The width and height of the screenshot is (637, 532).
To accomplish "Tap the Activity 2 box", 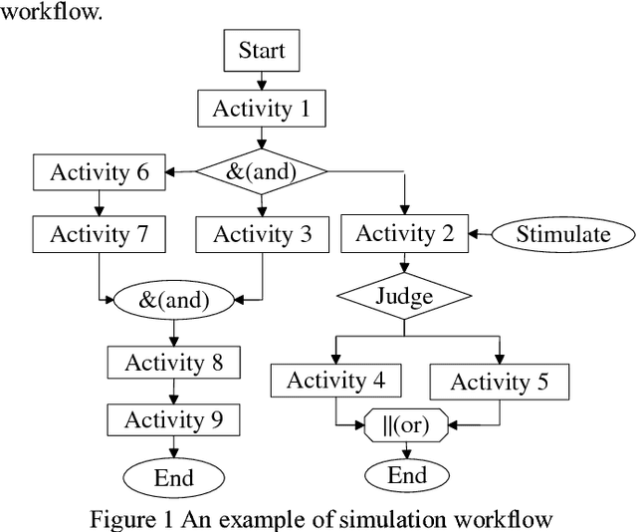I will click(404, 234).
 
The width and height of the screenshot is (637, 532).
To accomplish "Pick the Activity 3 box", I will click(262, 234).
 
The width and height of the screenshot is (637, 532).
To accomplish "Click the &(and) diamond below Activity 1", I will click(262, 171).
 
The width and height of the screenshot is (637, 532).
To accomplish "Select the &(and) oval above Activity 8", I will click(173, 297).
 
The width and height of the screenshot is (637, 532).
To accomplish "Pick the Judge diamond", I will click(404, 296).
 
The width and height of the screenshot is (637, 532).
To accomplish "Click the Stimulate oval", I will click(562, 234).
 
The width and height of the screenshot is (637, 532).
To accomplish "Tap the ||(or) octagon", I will click(405, 425).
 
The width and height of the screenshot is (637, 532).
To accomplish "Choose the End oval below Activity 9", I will click(173, 476).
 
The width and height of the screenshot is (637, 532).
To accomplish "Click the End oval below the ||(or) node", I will click(405, 474).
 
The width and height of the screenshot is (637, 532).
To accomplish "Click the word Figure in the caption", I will click(121, 518).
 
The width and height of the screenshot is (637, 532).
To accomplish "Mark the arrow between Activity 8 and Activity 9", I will click(173, 390).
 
